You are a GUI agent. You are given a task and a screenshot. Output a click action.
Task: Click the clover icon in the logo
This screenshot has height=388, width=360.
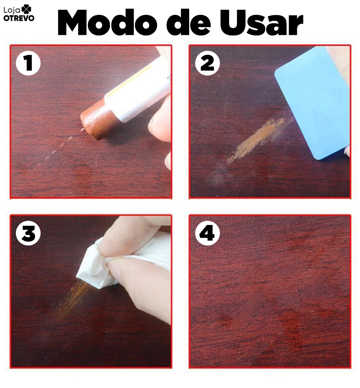(26, 10)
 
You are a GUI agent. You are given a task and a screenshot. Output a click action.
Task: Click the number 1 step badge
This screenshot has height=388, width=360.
(28, 64)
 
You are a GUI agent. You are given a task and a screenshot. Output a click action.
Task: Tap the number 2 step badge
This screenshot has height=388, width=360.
(208, 64)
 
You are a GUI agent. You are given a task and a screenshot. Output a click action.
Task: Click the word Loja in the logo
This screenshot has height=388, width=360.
(11, 10)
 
